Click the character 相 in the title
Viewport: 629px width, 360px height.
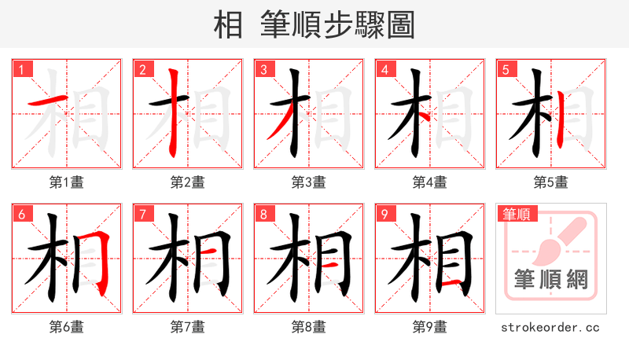tap(228, 25)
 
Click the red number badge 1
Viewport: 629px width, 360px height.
tap(20, 69)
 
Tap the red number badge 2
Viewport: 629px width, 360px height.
tap(142, 69)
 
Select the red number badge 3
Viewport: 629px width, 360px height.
tap(263, 69)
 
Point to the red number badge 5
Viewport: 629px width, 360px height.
tap(505, 69)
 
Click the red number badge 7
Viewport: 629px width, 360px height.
tap(142, 214)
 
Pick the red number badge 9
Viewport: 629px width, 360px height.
tap(384, 214)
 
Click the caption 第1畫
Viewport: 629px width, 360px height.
tap(67, 182)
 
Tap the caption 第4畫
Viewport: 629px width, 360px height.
tap(430, 182)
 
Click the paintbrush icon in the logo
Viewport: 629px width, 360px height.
tap(558, 240)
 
